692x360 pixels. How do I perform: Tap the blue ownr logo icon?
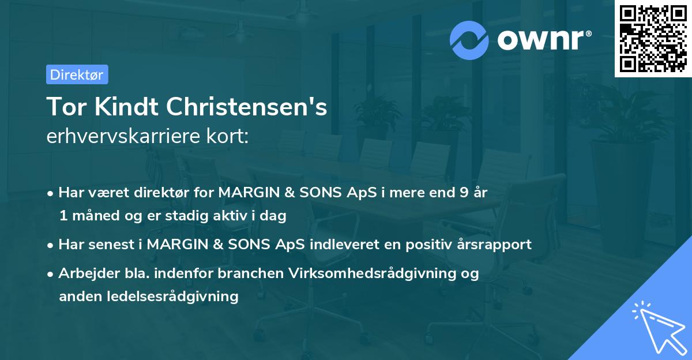pos(469,40)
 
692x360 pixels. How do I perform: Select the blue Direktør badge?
pos(77,74)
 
